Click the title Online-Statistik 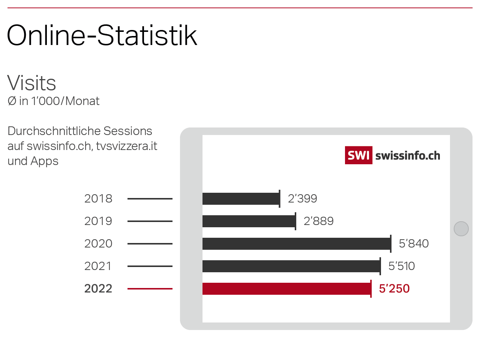(x=102, y=36)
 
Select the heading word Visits (x=31, y=83)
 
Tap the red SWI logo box (x=358, y=155)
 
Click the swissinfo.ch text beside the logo (x=408, y=156)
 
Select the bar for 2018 (x=241, y=199)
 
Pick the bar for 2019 (x=249, y=221)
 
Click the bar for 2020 (x=296, y=244)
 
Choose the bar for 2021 (x=291, y=266)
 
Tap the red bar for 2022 (x=286, y=289)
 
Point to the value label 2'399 (x=302, y=199)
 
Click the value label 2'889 (x=318, y=221)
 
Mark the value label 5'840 (x=414, y=244)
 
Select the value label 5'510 (x=402, y=266)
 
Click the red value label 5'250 (x=394, y=289)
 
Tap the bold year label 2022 (x=98, y=289)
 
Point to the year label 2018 (x=98, y=199)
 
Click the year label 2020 (x=98, y=244)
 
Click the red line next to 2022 (x=150, y=289)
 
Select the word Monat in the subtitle (x=82, y=101)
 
